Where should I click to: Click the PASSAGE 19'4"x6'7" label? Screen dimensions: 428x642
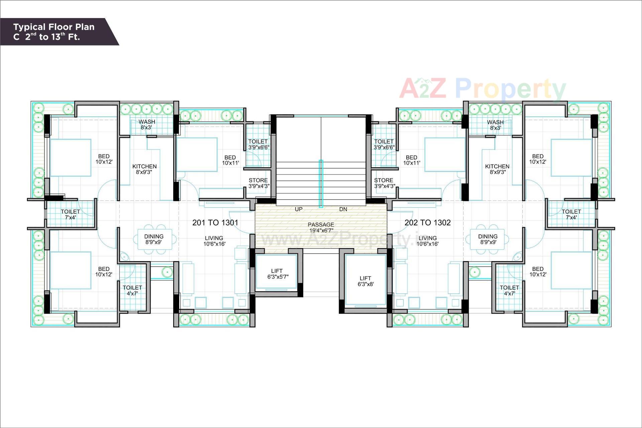(x=321, y=227)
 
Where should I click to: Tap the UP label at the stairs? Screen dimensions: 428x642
(x=299, y=209)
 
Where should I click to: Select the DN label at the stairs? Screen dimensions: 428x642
(x=343, y=209)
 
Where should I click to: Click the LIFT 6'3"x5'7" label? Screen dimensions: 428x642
(x=278, y=274)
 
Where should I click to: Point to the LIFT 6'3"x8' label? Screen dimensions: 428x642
(x=365, y=281)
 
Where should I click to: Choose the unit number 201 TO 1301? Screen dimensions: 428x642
(x=215, y=223)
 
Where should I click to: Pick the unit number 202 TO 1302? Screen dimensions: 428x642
(x=427, y=223)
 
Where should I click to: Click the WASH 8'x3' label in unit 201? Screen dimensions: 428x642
(x=146, y=125)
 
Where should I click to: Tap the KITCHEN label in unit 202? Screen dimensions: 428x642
(x=497, y=169)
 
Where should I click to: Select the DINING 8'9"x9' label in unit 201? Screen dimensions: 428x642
(x=154, y=239)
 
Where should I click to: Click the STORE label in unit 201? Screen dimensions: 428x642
(x=258, y=183)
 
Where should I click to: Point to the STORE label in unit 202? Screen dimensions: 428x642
(x=384, y=183)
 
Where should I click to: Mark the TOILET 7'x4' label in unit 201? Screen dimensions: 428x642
(x=70, y=214)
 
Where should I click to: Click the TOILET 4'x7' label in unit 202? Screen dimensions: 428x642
(x=509, y=291)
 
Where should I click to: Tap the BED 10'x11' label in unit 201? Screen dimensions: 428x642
(x=230, y=160)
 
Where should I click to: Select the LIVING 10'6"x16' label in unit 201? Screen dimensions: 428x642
(x=214, y=241)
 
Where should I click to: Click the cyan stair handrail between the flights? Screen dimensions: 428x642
(x=321, y=184)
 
